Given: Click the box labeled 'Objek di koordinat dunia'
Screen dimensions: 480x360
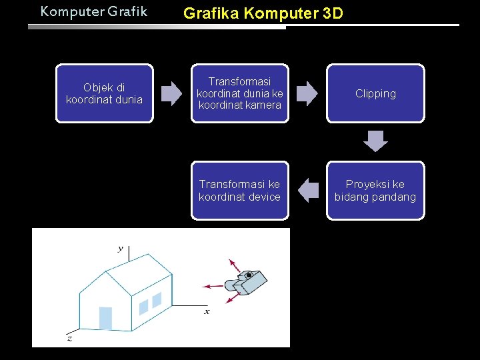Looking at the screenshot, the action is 104,93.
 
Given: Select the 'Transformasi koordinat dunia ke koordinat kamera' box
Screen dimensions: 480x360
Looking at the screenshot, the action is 240,93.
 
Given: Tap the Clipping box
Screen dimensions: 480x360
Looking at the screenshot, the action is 375,93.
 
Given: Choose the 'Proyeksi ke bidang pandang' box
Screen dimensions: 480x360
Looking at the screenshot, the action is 375,190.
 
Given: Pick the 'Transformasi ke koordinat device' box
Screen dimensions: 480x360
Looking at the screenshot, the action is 240,190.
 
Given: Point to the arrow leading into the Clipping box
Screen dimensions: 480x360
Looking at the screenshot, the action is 307,93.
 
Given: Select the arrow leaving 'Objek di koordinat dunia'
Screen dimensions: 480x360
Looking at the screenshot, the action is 171,93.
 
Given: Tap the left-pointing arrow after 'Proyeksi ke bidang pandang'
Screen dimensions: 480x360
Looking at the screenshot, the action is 307,190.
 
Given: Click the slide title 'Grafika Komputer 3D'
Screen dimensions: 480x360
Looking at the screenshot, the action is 263,13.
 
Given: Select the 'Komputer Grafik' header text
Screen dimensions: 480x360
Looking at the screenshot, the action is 93,11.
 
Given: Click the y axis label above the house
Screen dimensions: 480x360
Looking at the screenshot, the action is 121,249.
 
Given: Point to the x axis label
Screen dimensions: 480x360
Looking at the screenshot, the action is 207,311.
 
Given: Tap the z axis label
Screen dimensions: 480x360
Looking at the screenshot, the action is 69,338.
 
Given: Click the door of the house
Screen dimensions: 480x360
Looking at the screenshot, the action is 105,318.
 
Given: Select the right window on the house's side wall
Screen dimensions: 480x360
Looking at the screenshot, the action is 157,300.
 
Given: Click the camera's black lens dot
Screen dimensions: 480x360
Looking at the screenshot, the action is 249,275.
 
